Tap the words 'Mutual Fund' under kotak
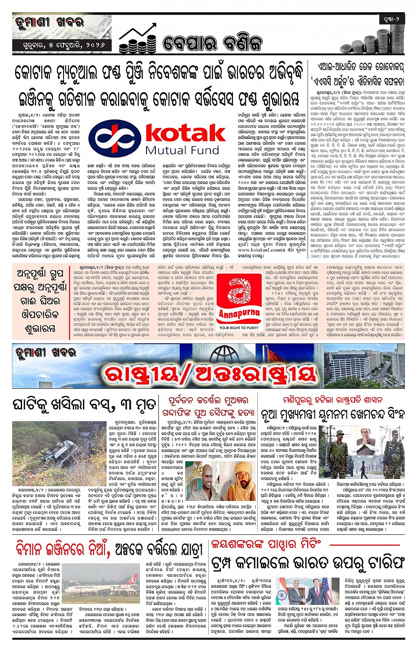[182, 150]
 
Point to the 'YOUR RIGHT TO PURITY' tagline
[239, 328]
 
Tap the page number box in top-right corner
[391, 19]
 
